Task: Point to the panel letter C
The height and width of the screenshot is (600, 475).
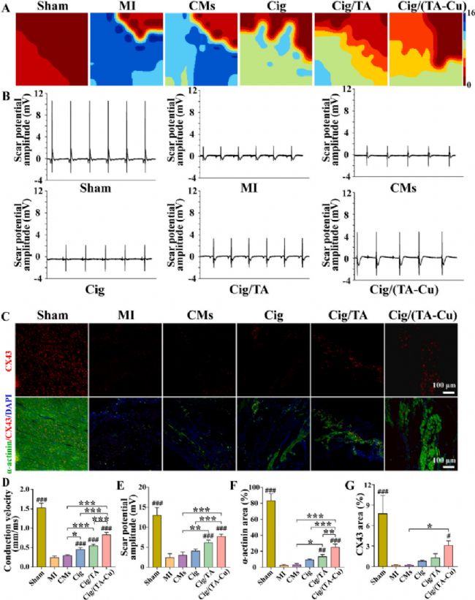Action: tap(6, 317)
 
